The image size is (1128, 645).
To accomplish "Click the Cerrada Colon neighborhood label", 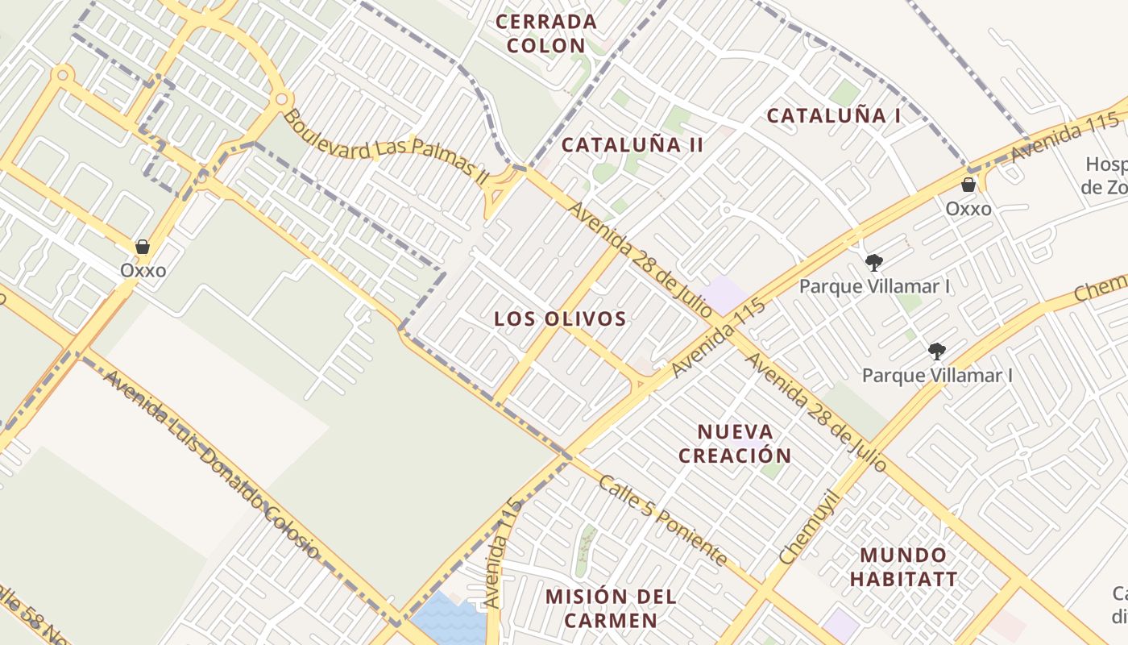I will (546, 33).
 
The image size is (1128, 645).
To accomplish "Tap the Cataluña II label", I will (632, 145).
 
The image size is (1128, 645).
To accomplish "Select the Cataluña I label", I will (833, 115).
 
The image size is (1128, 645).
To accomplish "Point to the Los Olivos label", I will (560, 318).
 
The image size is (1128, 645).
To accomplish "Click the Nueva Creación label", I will (735, 443).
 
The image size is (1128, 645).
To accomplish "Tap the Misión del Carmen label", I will (611, 608).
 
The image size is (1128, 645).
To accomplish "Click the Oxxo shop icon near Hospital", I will (968, 185).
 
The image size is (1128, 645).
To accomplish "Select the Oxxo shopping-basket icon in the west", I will (143, 247).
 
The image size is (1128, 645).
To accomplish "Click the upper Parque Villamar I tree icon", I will (873, 262).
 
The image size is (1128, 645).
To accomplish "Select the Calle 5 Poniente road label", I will (663, 520).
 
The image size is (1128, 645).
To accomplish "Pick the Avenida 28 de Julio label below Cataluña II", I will (641, 259).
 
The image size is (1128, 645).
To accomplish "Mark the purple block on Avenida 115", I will (723, 294).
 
